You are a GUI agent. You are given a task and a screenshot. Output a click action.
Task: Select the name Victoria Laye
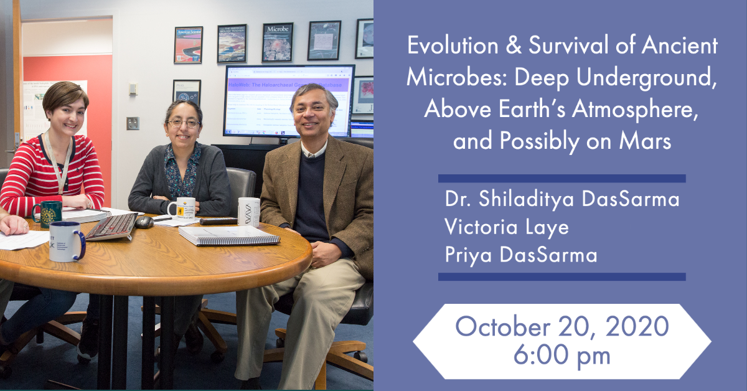507,227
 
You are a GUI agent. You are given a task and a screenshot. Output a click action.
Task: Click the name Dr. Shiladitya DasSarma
561,199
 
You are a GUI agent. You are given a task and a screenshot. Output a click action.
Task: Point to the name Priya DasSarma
520,255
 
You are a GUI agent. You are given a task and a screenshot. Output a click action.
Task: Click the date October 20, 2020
561,327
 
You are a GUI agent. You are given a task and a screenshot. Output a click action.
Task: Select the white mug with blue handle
66,241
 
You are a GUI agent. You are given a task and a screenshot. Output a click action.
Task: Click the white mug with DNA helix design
249,212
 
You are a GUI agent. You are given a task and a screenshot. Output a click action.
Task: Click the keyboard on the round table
111,227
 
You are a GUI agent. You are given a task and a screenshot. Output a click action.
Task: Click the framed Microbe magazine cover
277,42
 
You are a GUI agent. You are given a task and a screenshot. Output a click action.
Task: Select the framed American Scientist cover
188,45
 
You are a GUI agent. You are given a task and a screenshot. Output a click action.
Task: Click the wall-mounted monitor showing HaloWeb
288,100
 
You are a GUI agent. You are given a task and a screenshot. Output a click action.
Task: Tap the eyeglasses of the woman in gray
182,124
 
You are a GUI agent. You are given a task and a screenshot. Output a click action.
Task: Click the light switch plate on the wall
133,123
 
